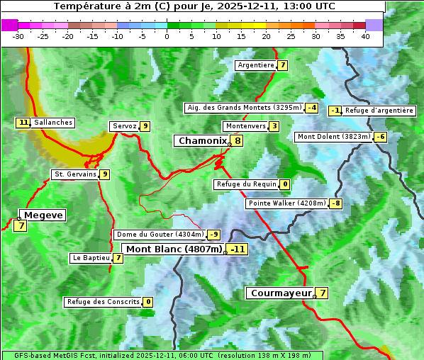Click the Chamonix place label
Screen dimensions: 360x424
(202, 141)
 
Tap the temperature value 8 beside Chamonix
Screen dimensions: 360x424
(238, 141)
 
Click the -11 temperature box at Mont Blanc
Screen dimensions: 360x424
(238, 249)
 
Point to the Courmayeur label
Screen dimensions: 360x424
(281, 293)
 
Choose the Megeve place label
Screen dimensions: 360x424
(43, 215)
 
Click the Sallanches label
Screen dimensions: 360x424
(53, 123)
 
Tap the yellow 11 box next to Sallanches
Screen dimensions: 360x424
(23, 123)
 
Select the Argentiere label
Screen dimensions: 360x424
(256, 65)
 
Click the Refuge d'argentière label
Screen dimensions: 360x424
(379, 111)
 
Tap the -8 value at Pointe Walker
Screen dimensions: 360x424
(335, 203)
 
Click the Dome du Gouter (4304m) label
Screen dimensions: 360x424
(160, 235)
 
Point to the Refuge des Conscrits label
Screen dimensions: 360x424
(103, 302)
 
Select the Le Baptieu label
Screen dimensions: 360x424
(91, 258)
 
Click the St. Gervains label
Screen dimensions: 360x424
(75, 174)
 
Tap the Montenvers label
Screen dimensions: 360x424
(245, 126)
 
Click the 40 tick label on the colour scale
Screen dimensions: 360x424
(365, 36)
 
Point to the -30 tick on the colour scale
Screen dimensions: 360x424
(18, 36)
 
